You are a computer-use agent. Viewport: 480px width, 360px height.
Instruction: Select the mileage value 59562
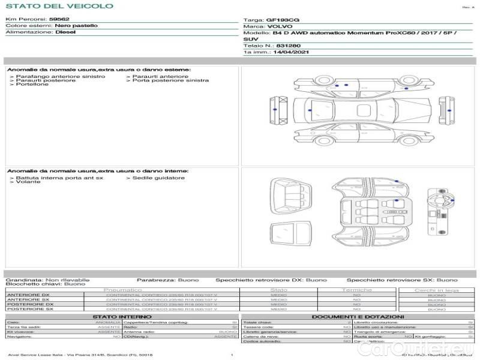59,19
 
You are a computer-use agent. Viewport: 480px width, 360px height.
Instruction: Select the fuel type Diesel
65,32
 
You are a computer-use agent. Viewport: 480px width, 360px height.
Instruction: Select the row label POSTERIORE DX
30,305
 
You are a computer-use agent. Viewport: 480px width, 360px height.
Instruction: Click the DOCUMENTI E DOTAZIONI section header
358,316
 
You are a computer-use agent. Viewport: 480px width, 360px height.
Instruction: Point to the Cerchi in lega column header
436,290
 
